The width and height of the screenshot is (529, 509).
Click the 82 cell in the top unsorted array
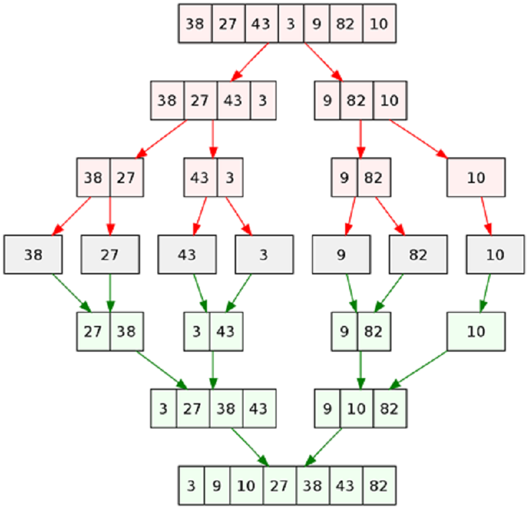tap(346, 24)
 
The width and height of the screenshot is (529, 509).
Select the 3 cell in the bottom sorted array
tap(191, 486)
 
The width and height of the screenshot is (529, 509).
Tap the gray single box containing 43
tap(187, 255)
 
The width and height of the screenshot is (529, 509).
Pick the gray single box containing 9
tap(341, 255)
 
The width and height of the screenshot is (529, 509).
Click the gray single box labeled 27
tap(110, 255)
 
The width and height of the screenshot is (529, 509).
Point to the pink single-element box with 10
tap(476, 177)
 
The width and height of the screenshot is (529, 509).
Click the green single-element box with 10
tap(476, 332)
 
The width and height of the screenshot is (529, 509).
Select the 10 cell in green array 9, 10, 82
tap(357, 409)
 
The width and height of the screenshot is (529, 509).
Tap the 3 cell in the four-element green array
tap(163, 409)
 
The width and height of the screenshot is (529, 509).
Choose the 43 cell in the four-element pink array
tap(234, 100)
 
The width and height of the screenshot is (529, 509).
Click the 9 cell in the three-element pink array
tap(327, 100)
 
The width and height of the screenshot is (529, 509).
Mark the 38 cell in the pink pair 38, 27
tap(93, 177)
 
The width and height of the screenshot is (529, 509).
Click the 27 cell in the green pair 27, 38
tap(93, 332)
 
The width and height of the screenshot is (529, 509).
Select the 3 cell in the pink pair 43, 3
tap(230, 177)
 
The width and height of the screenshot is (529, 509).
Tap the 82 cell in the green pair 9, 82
tap(374, 332)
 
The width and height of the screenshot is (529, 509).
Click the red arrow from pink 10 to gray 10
tap(486, 216)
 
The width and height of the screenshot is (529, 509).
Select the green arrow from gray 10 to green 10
tap(486, 293)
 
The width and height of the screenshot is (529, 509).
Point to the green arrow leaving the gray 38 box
tap(71, 293)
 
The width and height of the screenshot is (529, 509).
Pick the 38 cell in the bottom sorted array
tap(313, 486)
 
